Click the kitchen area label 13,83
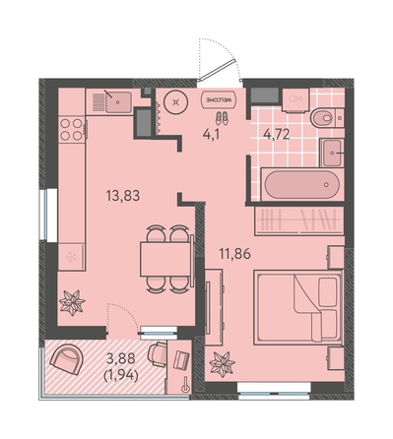pyautogui.click(x=123, y=196)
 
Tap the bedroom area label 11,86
pyautogui.click(x=235, y=254)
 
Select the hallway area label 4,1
pyautogui.click(x=211, y=135)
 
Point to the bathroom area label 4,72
pyautogui.click(x=277, y=135)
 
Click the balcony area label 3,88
pyautogui.click(x=121, y=358)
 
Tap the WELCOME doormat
pyautogui.click(x=219, y=98)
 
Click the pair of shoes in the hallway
pyautogui.click(x=222, y=118)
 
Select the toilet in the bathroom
pyautogui.click(x=327, y=118)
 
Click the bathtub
pyautogui.click(x=301, y=184)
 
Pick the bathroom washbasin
pyautogui.click(x=332, y=153)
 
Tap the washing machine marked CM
pyautogui.click(x=295, y=99)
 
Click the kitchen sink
pyautogui.click(x=118, y=101)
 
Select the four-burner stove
pyautogui.click(x=72, y=129)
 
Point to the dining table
pyautogui.click(x=165, y=259)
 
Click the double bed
pyautogui.click(x=298, y=307)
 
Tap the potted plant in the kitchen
pyautogui.click(x=72, y=302)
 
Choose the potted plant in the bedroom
pyautogui.click(x=223, y=363)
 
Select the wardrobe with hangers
pyautogui.click(x=299, y=220)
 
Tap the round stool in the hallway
pyautogui.click(x=176, y=102)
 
